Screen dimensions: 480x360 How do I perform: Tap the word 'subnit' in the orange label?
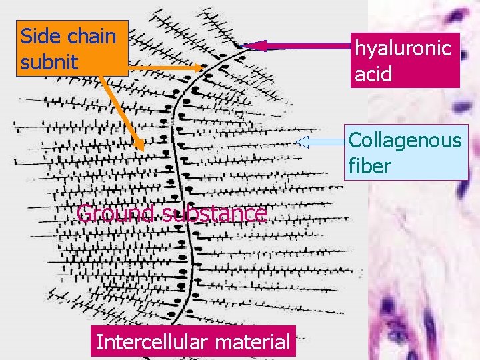(49, 63)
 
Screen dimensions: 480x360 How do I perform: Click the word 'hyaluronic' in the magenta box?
(403, 48)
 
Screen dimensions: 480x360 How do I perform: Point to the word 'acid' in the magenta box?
(373, 73)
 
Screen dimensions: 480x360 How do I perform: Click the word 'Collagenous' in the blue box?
(405, 140)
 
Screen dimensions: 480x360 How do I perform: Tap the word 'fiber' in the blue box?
(369, 165)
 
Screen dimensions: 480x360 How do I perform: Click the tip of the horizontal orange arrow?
(205, 68)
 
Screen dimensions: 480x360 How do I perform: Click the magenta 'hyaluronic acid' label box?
(405, 60)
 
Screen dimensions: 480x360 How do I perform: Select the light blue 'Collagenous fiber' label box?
(405, 153)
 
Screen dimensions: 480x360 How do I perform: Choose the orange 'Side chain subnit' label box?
(71, 49)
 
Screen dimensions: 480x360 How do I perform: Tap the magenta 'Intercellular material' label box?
(194, 342)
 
